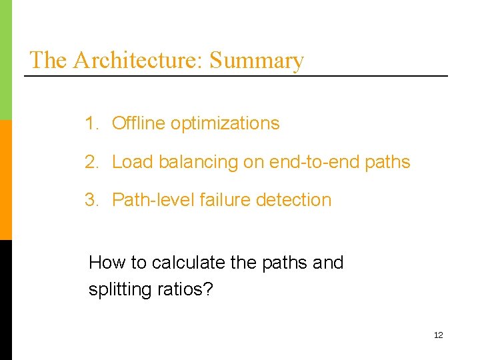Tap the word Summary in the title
257,60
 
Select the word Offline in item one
139,123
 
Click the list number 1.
91,123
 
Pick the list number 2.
91,162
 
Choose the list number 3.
91,200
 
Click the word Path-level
147,200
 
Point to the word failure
211,200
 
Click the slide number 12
438,335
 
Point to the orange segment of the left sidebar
5,180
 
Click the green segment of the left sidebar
5,60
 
